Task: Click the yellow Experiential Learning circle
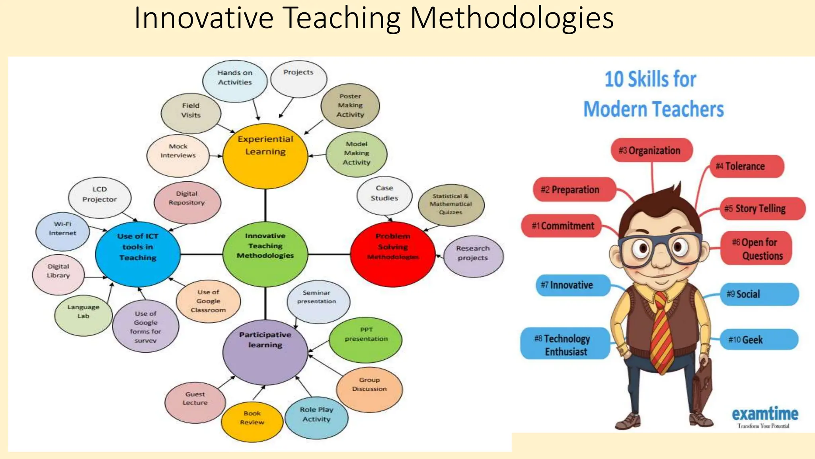coord(265,155)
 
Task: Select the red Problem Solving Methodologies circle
coord(393,254)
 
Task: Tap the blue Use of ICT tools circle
coord(138,254)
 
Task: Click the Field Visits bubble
coord(191,113)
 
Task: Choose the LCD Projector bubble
coord(99,197)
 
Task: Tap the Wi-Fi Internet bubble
coord(62,231)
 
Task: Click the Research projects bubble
coord(473,256)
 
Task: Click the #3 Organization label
coord(651,150)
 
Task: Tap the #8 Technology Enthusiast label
coord(565,344)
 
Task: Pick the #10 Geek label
coord(759,339)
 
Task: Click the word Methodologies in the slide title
coord(512,18)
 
